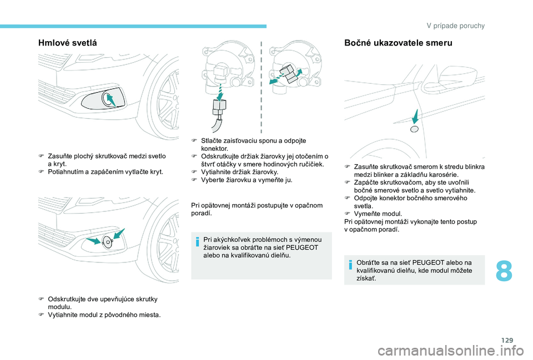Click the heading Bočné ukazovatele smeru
398,43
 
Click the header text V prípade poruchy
456,26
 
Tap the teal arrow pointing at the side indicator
416,116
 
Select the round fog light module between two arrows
108,242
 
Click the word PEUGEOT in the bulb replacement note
303,247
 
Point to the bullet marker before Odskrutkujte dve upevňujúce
42,299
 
